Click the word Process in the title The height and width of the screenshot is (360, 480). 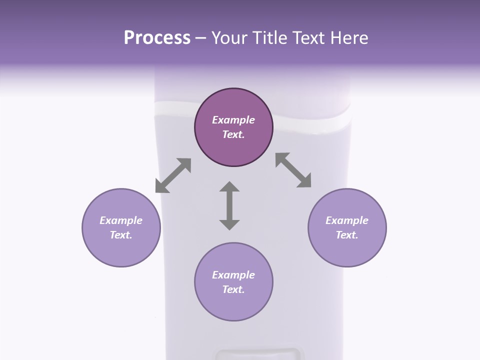pos(157,38)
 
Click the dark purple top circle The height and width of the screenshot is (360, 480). pos(233,127)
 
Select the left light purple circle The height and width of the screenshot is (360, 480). pos(121,227)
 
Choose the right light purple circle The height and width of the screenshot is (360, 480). pos(347,227)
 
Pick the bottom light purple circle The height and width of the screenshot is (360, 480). pos(233,282)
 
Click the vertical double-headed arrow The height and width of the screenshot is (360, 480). pos(229,205)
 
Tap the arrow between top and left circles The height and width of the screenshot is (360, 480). pos(173,175)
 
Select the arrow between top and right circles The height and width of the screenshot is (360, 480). pos(293,170)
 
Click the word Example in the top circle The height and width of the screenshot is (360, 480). pos(233,120)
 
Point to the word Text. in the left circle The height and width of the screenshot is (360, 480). pos(121,235)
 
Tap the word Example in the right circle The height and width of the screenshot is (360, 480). pos(347,220)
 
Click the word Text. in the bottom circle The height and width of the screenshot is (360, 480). pos(233,289)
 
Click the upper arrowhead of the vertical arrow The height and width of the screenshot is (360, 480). pos(229,187)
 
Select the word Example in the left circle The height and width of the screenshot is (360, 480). pos(121,220)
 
